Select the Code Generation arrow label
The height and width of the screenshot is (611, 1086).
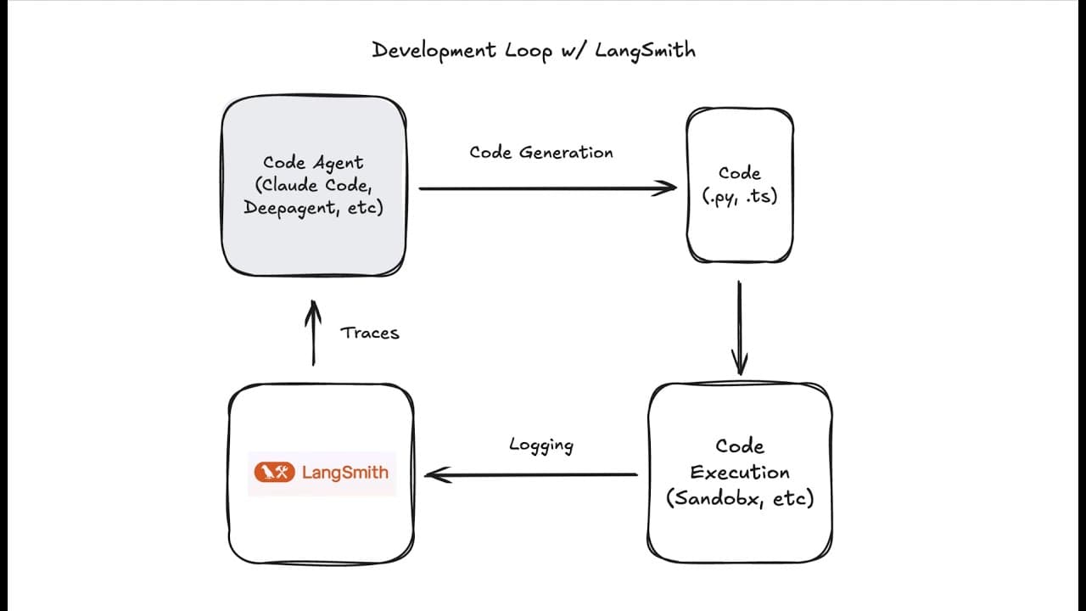coord(541,153)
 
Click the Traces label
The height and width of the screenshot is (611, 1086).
coord(369,333)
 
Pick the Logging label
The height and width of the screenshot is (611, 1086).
coord(541,445)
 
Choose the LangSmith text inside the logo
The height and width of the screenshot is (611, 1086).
coord(345,473)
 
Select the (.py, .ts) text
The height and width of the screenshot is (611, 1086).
coord(740,195)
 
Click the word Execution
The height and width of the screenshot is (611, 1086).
coord(740,472)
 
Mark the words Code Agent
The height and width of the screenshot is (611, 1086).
coord(313,163)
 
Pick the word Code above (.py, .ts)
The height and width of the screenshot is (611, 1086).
coord(740,173)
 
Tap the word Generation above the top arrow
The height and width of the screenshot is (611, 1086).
coord(566,153)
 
